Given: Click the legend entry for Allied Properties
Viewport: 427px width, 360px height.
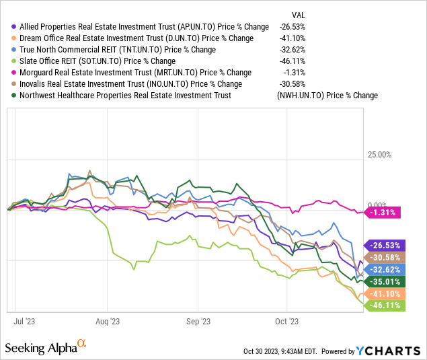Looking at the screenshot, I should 135,26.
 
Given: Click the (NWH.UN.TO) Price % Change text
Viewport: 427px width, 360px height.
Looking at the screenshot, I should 327,96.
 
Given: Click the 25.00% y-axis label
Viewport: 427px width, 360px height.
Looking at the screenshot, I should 379,155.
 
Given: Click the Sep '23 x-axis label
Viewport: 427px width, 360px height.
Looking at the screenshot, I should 198,322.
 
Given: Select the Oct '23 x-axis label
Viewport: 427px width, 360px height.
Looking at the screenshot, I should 286,322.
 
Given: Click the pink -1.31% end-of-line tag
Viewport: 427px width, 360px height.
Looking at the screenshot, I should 383,213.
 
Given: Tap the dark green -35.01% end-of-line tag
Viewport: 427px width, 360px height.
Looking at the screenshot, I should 383,282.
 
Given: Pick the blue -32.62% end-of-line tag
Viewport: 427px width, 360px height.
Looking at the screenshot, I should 383,270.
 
